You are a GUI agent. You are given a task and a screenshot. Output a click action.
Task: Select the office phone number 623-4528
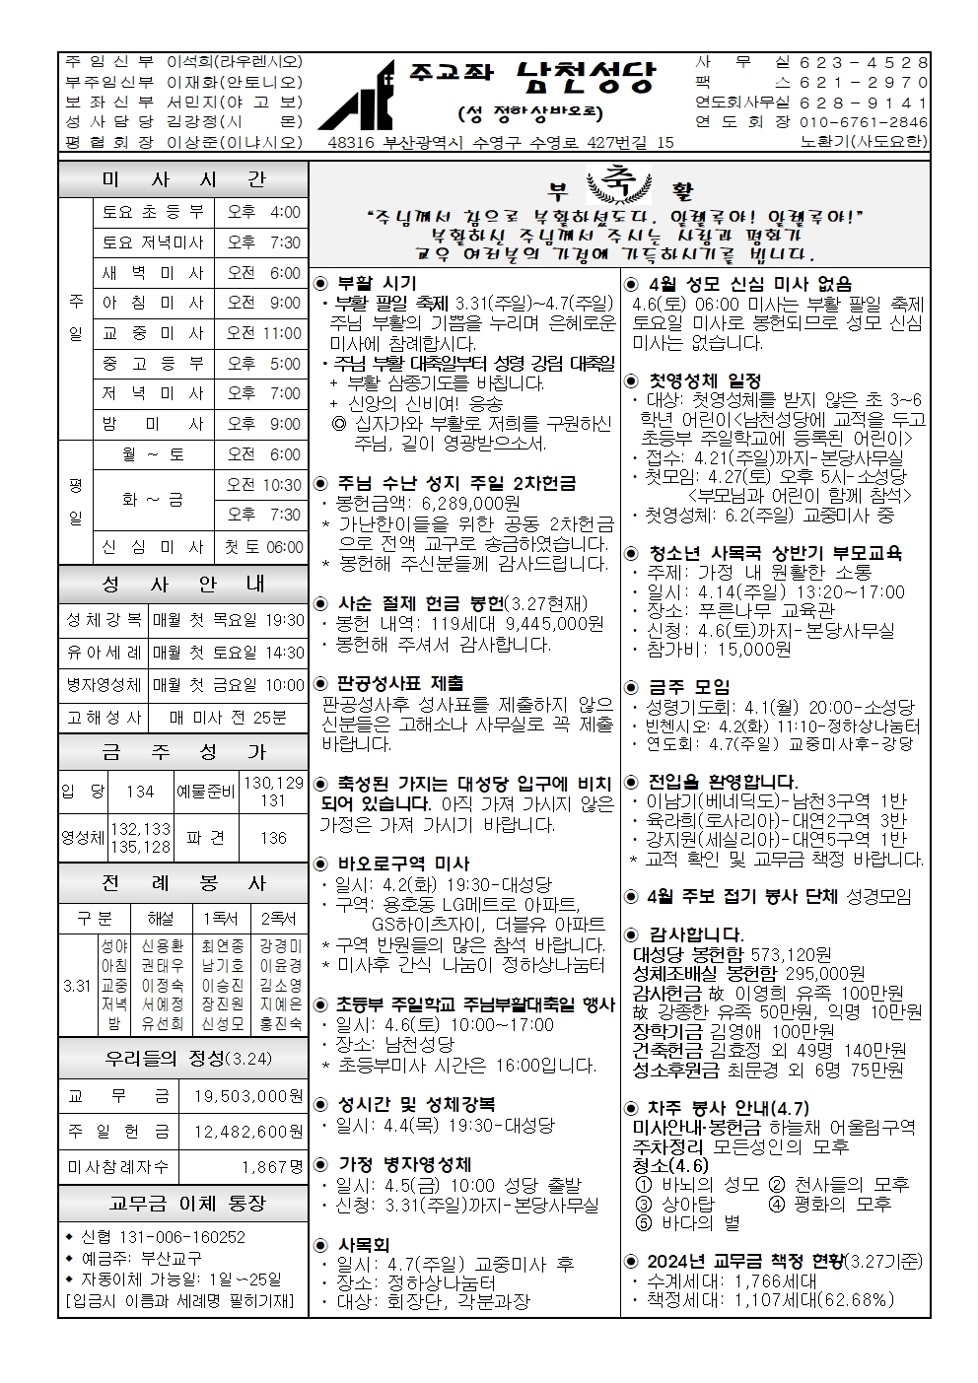point(864,62)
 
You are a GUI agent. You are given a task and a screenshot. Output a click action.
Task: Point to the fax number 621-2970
point(864,83)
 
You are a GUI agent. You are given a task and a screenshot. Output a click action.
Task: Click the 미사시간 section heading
point(183,180)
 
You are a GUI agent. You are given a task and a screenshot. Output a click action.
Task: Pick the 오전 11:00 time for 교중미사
point(264,333)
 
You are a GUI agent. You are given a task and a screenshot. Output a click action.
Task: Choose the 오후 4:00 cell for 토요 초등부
point(264,212)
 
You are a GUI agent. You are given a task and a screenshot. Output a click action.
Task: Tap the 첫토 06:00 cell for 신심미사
point(264,547)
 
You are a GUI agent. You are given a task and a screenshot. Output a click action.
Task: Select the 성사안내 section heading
point(183,585)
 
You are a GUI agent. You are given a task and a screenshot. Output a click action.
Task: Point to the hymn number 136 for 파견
point(273,838)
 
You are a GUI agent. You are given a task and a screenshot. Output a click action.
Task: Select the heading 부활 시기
point(378,284)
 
